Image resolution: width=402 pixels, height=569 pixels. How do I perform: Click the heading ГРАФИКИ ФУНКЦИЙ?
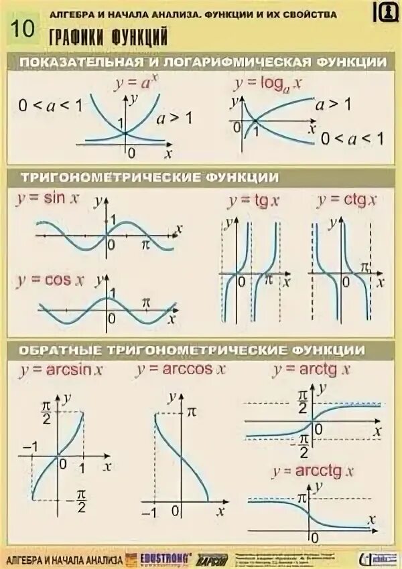tap(107, 37)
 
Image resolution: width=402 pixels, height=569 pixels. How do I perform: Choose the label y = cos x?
tap(50, 280)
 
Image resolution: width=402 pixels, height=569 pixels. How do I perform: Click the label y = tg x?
tap(253, 200)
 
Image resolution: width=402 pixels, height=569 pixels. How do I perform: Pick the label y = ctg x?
tap(347, 199)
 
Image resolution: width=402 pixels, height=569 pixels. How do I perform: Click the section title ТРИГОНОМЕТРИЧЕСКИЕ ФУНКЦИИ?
tap(149, 177)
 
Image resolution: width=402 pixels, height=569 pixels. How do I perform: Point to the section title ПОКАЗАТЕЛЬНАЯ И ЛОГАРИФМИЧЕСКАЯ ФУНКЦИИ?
tap(204, 62)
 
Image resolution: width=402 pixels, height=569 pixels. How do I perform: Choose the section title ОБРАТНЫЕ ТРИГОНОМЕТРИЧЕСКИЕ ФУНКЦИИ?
tap(192, 350)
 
